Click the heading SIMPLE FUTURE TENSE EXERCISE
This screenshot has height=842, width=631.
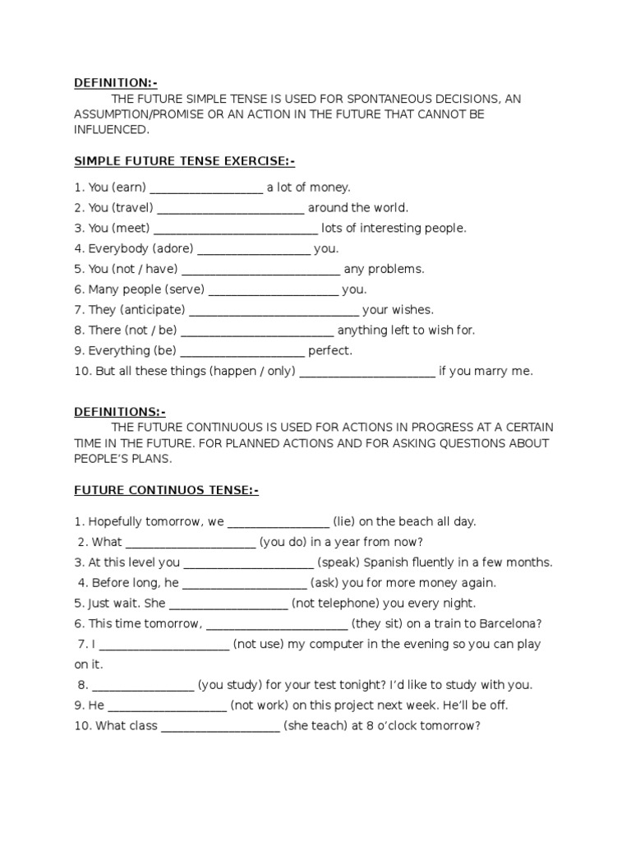[184, 161]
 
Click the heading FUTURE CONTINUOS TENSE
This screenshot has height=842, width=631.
[166, 491]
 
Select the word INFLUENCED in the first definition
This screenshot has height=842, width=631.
[112, 130]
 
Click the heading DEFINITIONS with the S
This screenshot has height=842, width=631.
[120, 412]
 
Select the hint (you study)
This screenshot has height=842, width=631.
[235, 685]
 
